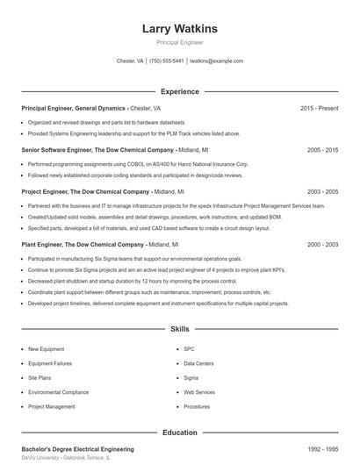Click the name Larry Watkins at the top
click(x=179, y=29)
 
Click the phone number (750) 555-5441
click(x=167, y=61)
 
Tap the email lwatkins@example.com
click(x=216, y=61)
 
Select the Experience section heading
click(x=179, y=91)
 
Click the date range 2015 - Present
click(x=319, y=108)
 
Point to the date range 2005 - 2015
click(x=322, y=150)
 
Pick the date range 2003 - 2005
click(x=322, y=191)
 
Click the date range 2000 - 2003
click(x=322, y=245)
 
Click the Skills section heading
click(x=179, y=329)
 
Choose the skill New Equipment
click(x=46, y=349)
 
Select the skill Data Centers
click(x=198, y=363)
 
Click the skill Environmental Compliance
click(x=59, y=392)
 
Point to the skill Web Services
click(x=199, y=392)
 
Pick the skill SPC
click(x=190, y=349)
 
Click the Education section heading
click(x=179, y=433)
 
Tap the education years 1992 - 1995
click(x=322, y=449)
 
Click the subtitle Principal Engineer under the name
click(x=179, y=42)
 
